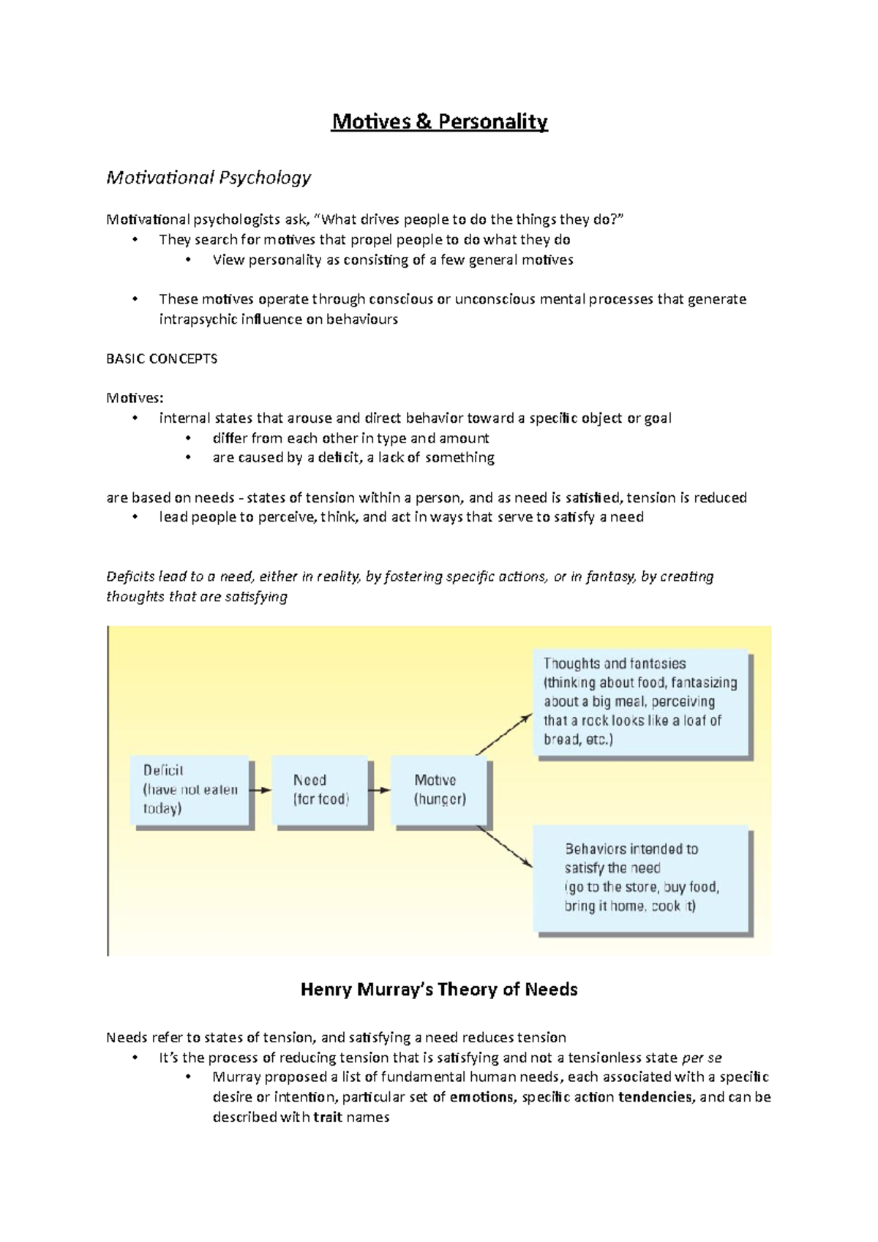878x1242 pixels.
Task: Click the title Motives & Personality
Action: pos(439,121)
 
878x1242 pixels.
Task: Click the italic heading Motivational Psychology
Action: pos(209,178)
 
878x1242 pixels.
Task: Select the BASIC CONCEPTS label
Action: pos(162,359)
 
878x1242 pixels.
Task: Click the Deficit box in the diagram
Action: pos(190,790)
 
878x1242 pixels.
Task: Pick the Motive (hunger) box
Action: pos(440,790)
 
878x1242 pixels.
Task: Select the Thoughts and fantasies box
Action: pos(640,701)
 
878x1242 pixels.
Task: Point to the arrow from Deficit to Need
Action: pos(260,790)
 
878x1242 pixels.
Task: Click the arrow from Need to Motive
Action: pos(379,790)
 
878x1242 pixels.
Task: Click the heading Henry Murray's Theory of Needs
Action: pos(439,990)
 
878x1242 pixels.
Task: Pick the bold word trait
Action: pos(328,1117)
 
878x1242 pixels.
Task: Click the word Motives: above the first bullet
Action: pos(135,398)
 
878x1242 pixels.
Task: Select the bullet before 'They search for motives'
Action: pos(135,239)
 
